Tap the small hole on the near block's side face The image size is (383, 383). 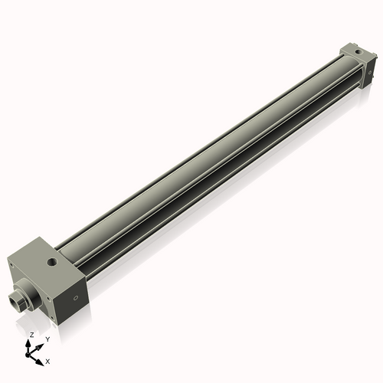pyautogui.click(x=75, y=298)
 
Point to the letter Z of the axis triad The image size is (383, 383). pyautogui.click(x=31, y=336)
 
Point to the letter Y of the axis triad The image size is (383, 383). pyautogui.click(x=47, y=339)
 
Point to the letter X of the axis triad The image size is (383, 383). pyautogui.click(x=47, y=360)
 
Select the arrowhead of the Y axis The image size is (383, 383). pyautogui.click(x=40, y=344)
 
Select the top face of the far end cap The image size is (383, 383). pyautogui.click(x=354, y=52)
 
